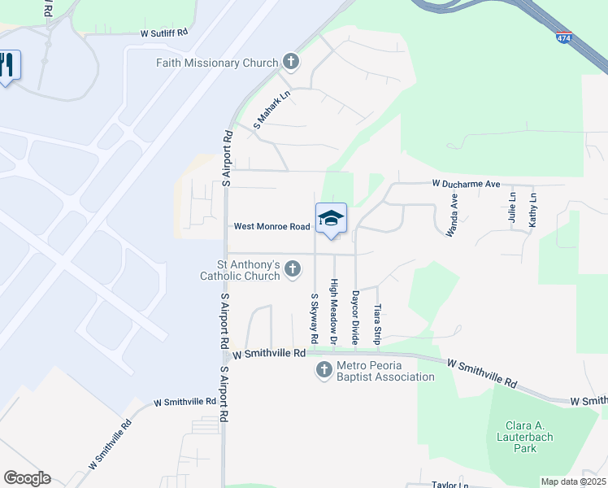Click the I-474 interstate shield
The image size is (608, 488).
[564, 37]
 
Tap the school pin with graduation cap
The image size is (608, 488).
[331, 219]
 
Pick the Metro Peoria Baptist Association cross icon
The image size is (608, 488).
[324, 371]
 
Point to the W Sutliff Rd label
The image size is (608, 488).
[164, 34]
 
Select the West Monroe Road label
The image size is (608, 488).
[272, 227]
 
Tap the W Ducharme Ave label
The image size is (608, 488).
[466, 185]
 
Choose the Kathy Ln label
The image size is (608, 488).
[533, 208]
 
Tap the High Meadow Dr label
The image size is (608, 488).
[333, 310]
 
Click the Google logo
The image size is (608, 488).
[27, 478]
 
